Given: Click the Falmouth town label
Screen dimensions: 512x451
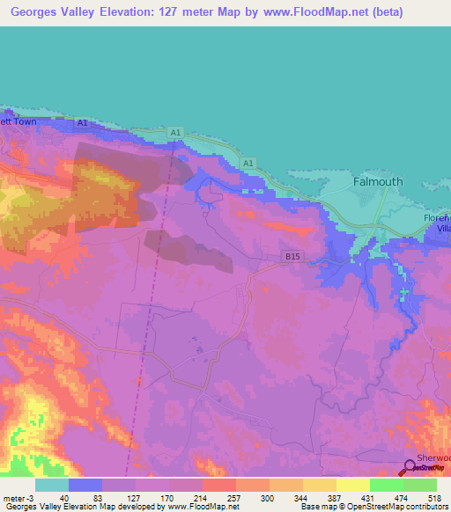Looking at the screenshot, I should coord(377,182).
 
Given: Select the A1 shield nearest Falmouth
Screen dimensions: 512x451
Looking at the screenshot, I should coord(248,164).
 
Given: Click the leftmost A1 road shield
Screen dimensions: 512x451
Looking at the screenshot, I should coord(82,123).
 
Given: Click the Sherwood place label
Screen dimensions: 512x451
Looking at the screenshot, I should coord(433,458).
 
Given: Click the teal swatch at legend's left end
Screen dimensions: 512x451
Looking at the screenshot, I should coord(52,484).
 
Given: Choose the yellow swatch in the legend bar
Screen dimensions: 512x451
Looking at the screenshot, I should coord(320,484).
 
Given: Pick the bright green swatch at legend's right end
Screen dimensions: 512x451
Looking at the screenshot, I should coord(420,484).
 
